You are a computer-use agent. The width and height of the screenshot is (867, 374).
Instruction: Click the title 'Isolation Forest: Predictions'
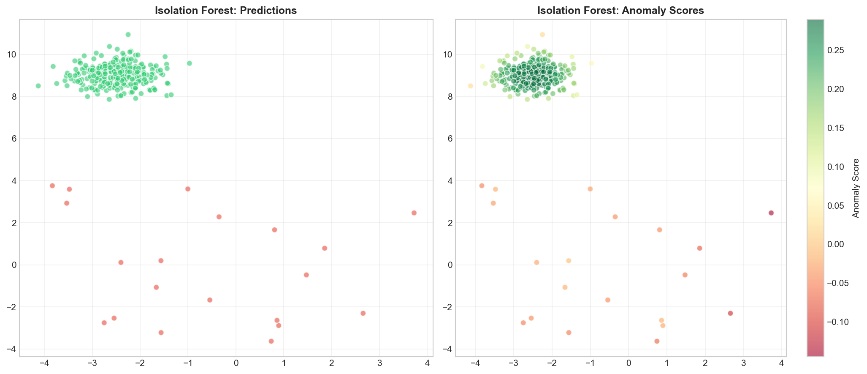[x=226, y=11]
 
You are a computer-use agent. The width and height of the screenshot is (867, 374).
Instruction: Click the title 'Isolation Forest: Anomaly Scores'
[x=620, y=11]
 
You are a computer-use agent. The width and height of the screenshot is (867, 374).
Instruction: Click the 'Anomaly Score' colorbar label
[x=856, y=188]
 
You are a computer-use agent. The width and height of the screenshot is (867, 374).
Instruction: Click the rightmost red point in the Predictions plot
[x=414, y=213]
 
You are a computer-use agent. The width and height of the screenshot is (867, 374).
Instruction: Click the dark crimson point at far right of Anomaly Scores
[x=771, y=213]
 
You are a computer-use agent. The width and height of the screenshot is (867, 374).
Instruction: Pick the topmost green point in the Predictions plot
[x=128, y=35]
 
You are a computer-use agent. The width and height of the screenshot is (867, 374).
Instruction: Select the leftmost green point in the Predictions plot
[x=38, y=86]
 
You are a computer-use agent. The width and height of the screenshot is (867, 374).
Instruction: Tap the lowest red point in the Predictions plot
[x=271, y=341]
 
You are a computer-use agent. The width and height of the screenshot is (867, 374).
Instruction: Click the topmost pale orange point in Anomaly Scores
[x=542, y=35]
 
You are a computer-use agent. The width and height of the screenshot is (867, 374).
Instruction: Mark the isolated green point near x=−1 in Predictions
[x=189, y=63]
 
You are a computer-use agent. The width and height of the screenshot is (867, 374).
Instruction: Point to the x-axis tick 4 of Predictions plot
[x=428, y=363]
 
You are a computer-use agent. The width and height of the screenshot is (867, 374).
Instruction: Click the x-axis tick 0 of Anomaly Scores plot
[x=629, y=363]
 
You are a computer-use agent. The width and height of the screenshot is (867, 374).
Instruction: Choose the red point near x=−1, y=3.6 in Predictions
[x=188, y=189]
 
